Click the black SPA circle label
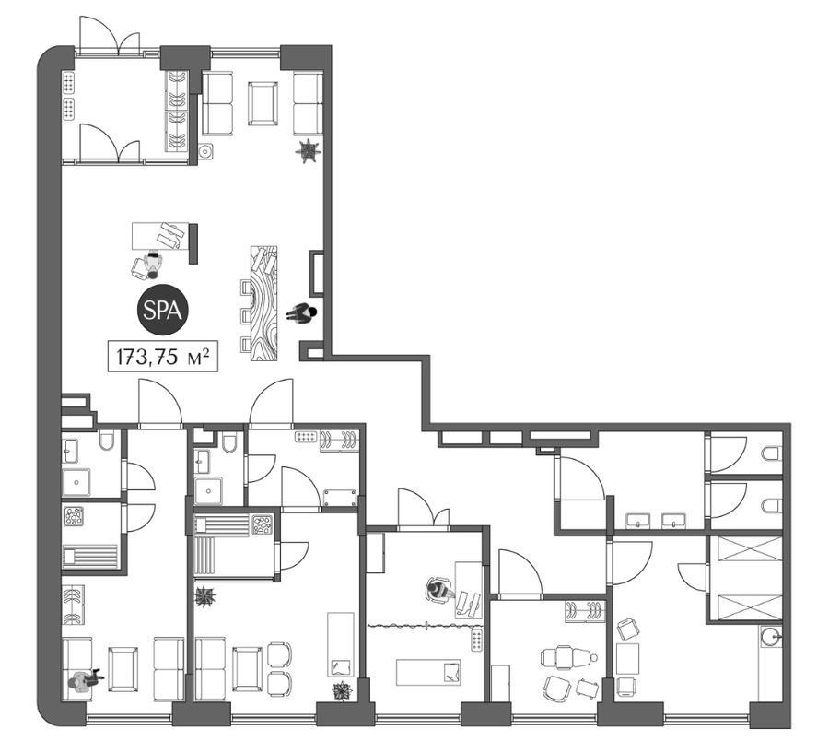[x=163, y=311]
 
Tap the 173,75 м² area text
[x=163, y=357]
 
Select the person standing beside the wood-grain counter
[x=301, y=313]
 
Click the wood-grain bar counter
[x=263, y=303]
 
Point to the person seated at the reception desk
[x=153, y=265]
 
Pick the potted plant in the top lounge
[x=308, y=150]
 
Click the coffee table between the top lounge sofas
[x=263, y=103]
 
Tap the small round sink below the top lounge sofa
[x=206, y=152]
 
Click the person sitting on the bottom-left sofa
[x=83, y=679]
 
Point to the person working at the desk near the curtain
[x=439, y=589]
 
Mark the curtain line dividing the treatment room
[x=425, y=626]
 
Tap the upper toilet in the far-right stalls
[x=771, y=454]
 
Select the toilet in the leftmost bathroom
[x=106, y=441]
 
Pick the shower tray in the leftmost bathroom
[x=76, y=482]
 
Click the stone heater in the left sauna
[x=74, y=516]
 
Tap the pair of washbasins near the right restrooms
[x=656, y=521]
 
